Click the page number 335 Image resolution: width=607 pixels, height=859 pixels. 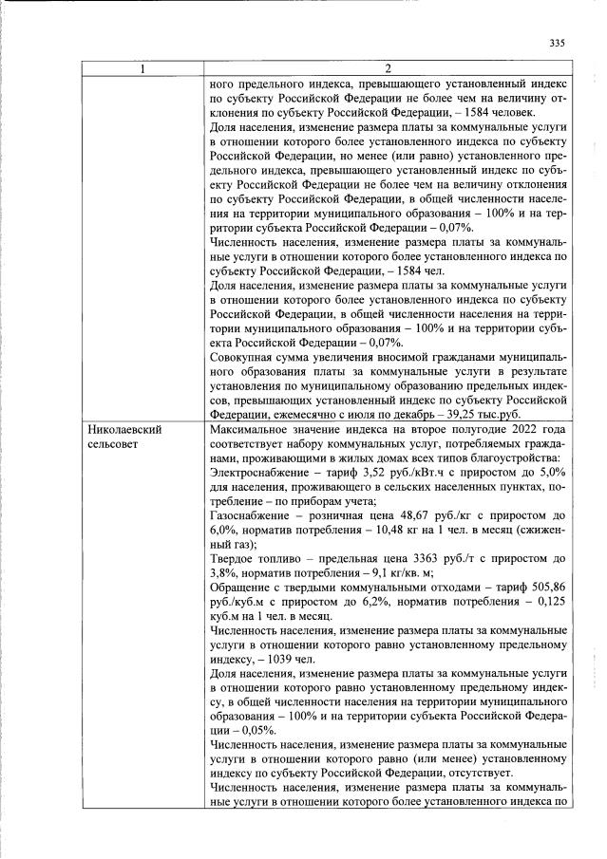click(x=557, y=43)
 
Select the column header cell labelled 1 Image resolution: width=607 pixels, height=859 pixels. click(x=142, y=68)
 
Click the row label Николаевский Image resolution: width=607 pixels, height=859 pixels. click(x=123, y=429)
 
